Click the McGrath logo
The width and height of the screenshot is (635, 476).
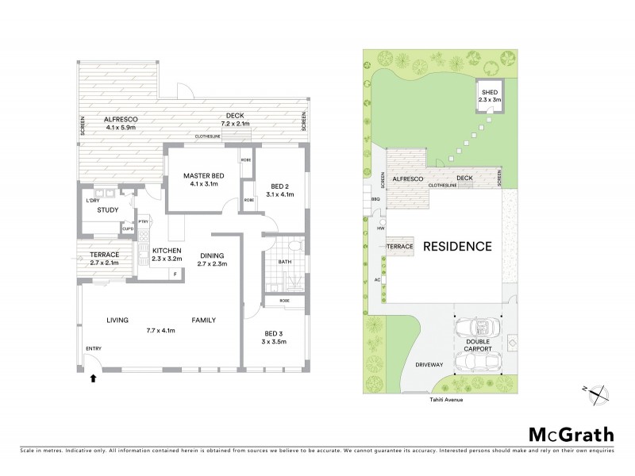pyautogui.click(x=571, y=434)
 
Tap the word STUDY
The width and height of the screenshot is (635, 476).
pyautogui.click(x=107, y=210)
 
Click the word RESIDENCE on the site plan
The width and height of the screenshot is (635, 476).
pyautogui.click(x=456, y=246)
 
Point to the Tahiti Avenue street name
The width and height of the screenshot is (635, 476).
pyautogui.click(x=437, y=400)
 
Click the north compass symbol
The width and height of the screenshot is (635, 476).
pyautogui.click(x=601, y=390)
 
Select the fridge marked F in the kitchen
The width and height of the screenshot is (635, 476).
pyautogui.click(x=175, y=274)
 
